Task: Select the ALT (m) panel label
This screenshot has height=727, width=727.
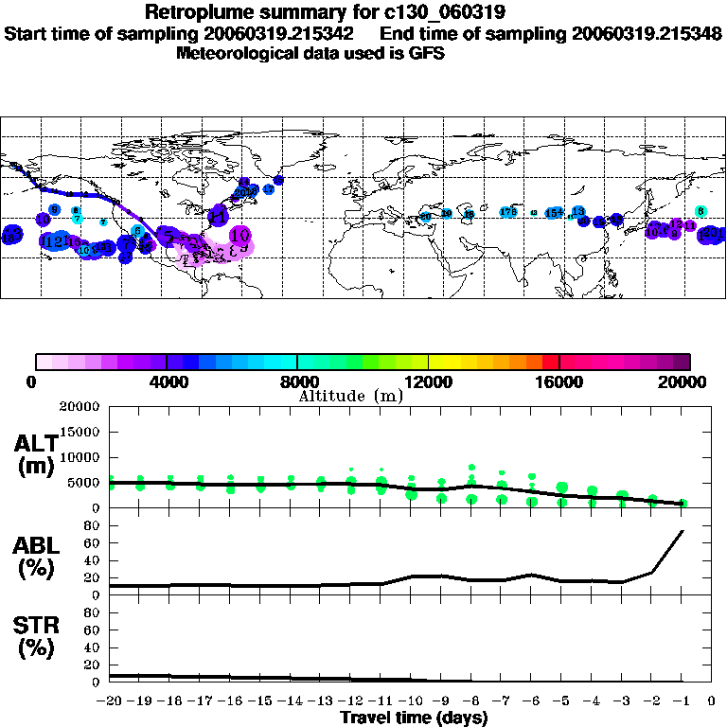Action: pos(36,453)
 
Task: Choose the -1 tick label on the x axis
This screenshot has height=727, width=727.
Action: pos(682,701)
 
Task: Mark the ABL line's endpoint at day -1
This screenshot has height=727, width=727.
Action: pos(683,531)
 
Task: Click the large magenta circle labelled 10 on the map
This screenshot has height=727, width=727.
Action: pos(239,235)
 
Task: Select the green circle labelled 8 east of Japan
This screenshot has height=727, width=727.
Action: pos(700,211)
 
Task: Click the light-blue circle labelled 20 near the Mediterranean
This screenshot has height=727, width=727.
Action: pos(425,218)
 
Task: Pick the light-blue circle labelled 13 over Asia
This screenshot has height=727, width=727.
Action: pos(577,211)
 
